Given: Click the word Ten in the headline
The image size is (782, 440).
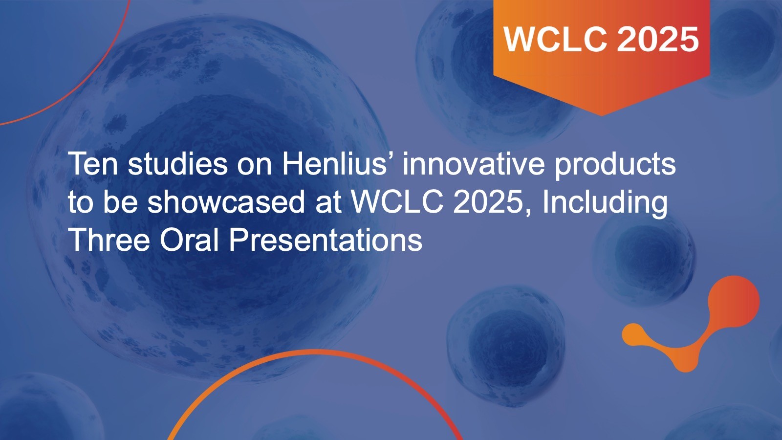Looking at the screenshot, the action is pos(93,164).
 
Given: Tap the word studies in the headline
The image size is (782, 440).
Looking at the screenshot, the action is pos(178,164).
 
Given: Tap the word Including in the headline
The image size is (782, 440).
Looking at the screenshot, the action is pos(605,204).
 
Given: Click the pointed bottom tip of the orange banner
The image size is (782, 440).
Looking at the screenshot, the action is pos(602,115).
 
